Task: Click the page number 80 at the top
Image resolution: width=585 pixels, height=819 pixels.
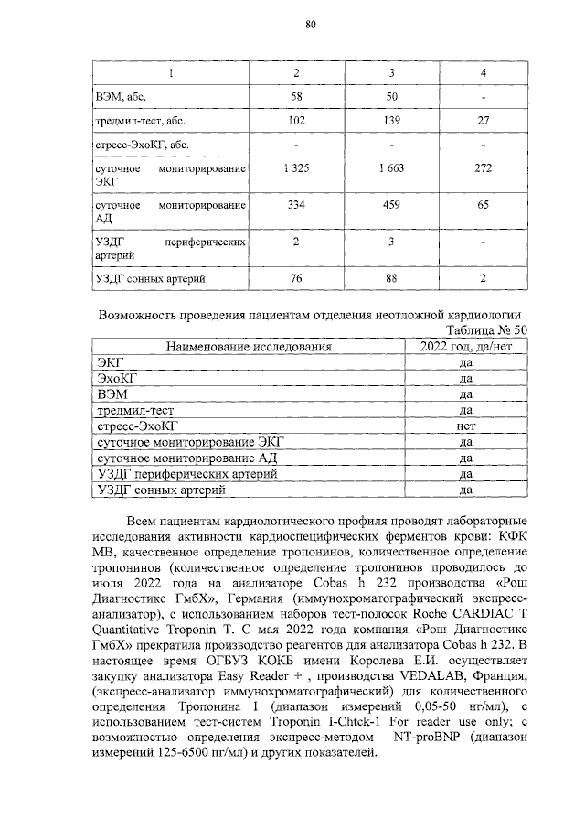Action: point(310,26)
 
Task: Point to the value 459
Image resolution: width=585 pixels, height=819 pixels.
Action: point(391,206)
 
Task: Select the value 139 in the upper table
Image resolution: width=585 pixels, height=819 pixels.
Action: point(391,120)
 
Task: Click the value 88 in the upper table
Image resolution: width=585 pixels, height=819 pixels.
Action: point(391,277)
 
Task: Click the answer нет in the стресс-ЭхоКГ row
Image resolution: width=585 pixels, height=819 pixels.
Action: point(465,426)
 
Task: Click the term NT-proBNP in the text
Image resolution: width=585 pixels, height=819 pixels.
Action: point(431,736)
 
